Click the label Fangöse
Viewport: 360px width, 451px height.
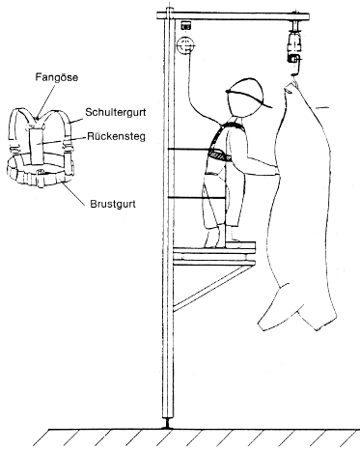[57, 77]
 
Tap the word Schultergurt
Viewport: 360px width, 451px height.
[116, 112]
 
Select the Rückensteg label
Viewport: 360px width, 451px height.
[116, 136]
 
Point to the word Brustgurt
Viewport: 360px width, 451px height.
[113, 204]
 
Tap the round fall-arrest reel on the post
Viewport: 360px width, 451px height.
[186, 45]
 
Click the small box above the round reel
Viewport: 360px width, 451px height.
[185, 26]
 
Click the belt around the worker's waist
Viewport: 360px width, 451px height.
[220, 155]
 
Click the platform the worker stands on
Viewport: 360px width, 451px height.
[214, 248]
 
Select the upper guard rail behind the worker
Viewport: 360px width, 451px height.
[189, 149]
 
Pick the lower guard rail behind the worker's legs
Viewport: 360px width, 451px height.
[196, 198]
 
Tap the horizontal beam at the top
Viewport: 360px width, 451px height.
[234, 16]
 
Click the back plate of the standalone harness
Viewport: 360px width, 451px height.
[38, 146]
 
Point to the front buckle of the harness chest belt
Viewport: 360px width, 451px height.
[41, 172]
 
